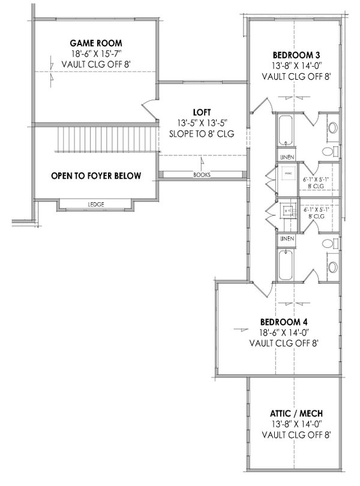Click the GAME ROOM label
click(96, 43)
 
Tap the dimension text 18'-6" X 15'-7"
click(96, 54)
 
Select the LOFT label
click(201, 112)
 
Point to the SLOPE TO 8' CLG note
click(201, 133)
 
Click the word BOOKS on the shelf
click(202, 176)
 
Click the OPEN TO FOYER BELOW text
click(96, 176)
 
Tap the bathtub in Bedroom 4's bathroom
click(285, 265)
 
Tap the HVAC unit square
click(287, 175)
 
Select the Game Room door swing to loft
click(148, 109)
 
